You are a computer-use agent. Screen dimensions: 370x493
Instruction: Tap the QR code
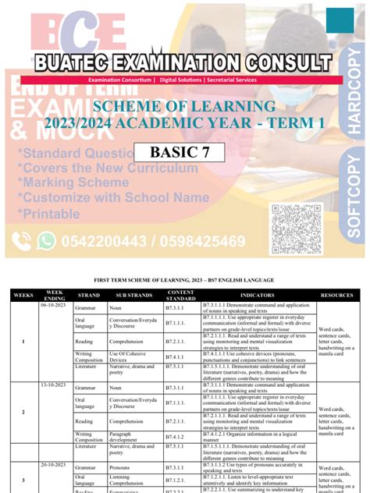[x=296, y=228]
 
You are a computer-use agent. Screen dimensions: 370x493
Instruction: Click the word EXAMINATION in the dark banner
[x=181, y=62]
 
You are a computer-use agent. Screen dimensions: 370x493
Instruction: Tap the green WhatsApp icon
[x=46, y=241]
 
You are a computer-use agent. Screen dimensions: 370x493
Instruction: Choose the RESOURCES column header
[x=336, y=296]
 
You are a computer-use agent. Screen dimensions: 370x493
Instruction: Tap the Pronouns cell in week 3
[x=126, y=470]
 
